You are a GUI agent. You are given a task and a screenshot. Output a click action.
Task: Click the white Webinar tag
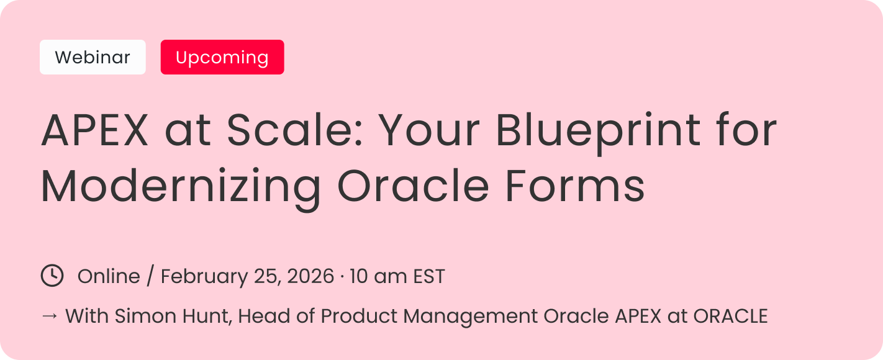pos(93,57)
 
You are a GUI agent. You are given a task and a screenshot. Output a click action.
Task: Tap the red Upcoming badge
pos(222,57)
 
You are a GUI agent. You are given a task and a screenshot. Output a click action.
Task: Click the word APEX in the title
pos(95,130)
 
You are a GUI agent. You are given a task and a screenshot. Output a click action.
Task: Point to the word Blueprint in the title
pos(598,132)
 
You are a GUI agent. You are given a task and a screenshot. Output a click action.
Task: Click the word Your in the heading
pos(429,130)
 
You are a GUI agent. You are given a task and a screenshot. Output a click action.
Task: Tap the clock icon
pos(52,276)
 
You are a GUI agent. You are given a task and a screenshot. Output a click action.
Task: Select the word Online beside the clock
pos(109,276)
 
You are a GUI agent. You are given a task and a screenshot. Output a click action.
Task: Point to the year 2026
pos(310,276)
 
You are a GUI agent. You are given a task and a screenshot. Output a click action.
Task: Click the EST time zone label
pos(429,276)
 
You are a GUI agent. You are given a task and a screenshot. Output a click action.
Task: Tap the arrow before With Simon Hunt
pos(50,315)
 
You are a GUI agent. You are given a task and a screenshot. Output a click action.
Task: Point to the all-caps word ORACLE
pos(730,316)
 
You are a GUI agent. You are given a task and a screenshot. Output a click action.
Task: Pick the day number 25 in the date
pos(267,276)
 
